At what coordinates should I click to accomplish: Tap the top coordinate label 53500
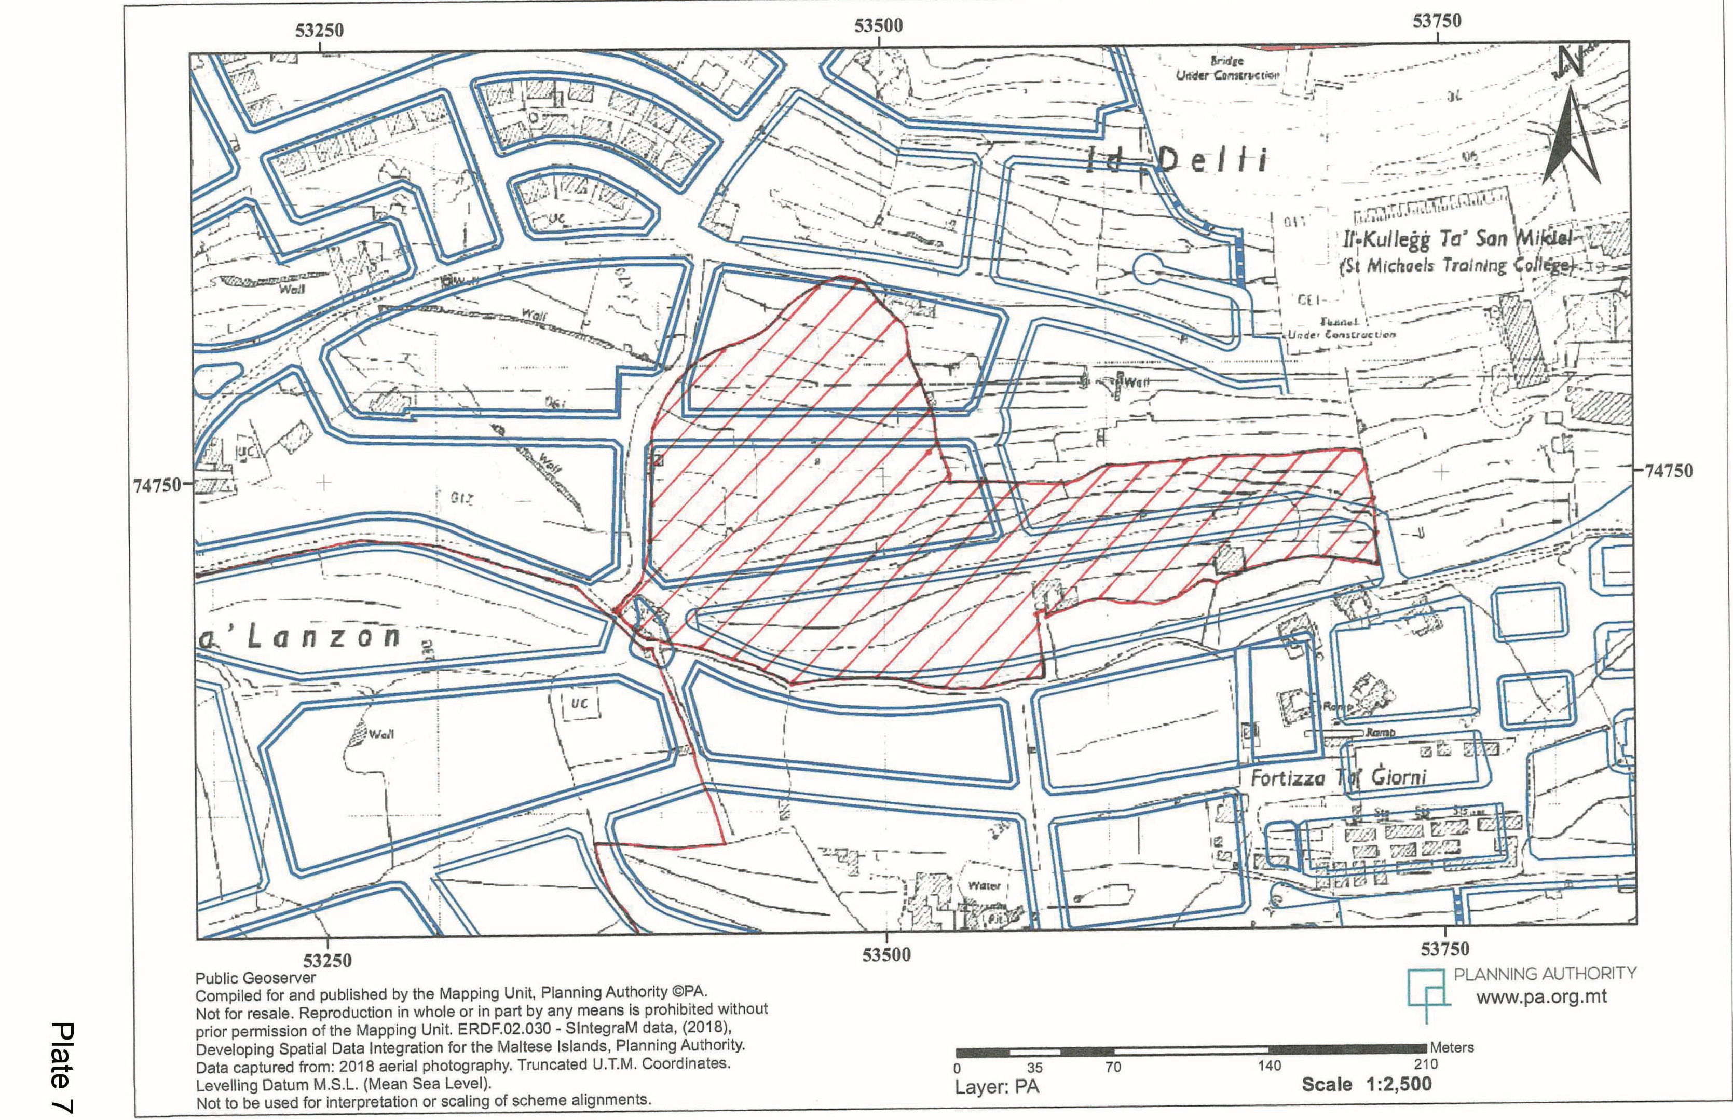click(879, 25)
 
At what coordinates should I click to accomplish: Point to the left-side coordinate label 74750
click(157, 485)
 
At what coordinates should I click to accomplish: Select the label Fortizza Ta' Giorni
click(1338, 777)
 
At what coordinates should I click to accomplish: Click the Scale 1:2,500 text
click(1366, 1084)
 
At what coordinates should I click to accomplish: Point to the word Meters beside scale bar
click(1452, 1047)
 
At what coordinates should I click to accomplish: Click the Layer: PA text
click(997, 1087)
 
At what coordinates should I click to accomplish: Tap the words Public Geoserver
click(255, 978)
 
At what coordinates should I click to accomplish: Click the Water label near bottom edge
click(984, 886)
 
